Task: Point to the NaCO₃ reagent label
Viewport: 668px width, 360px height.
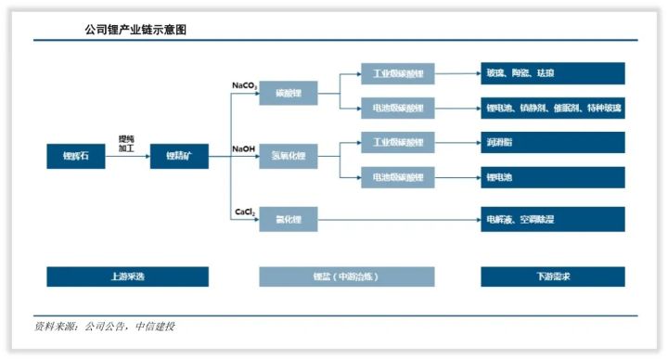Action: click(245, 85)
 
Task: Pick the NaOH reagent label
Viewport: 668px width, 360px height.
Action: click(244, 148)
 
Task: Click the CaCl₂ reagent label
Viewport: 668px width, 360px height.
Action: click(245, 212)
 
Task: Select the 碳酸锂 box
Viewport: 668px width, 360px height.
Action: click(289, 94)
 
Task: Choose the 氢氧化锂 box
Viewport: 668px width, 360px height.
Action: click(289, 157)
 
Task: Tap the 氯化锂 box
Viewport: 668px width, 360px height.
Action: click(289, 220)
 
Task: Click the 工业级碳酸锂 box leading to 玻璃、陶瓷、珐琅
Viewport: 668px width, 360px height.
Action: click(397, 73)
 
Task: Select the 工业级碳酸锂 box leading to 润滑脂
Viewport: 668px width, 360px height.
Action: click(397, 142)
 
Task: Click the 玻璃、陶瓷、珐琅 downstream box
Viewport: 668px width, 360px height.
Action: click(552, 73)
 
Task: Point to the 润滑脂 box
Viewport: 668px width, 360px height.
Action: click(552, 142)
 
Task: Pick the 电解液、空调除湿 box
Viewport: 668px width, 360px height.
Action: click(552, 220)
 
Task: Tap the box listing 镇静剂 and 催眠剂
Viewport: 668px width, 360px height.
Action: click(552, 108)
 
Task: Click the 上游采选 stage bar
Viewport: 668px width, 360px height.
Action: click(127, 276)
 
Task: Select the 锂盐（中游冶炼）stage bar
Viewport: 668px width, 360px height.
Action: click(346, 276)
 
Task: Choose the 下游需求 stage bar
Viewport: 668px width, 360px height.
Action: click(552, 276)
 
